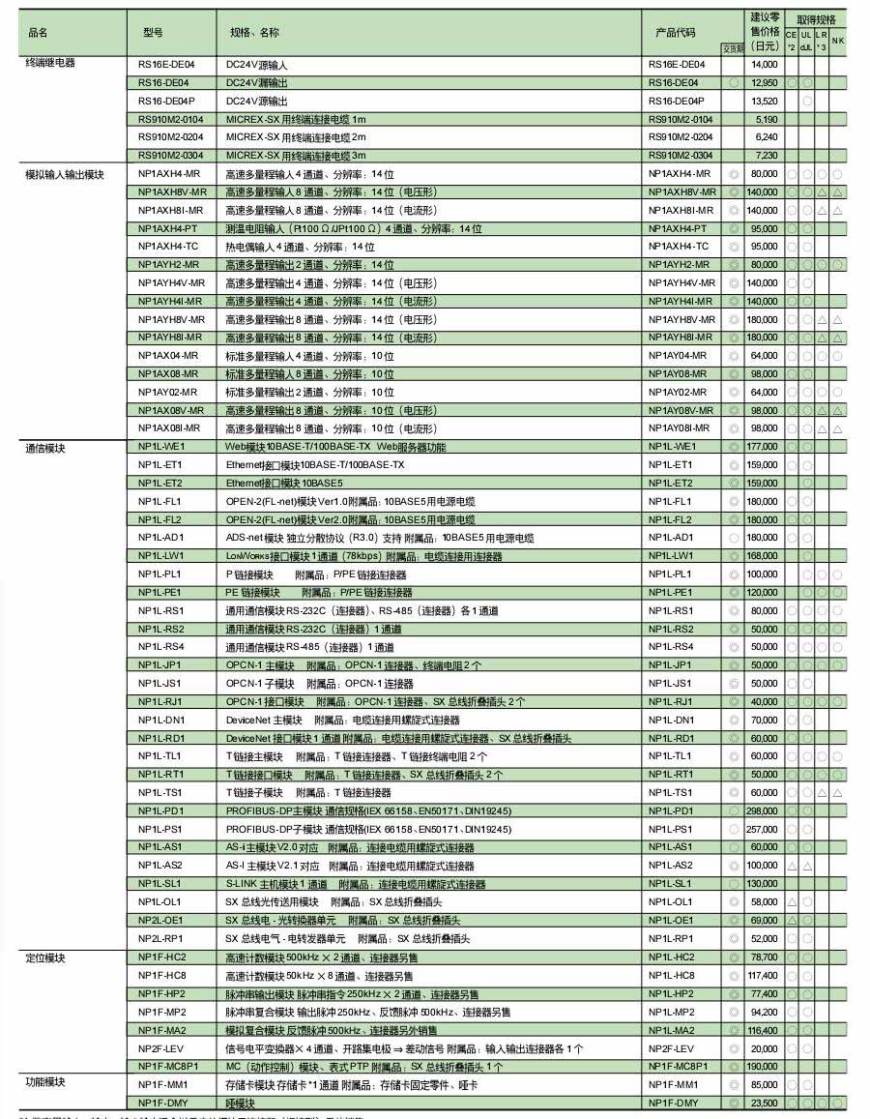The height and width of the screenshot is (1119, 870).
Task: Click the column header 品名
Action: pos(39,32)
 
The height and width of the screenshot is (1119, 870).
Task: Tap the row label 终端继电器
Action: pos(49,64)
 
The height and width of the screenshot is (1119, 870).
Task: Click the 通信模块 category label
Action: pos(44,449)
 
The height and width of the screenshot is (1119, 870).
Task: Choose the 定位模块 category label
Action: pos(44,957)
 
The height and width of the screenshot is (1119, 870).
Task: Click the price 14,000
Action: pos(765,65)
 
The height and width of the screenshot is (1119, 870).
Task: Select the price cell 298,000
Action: pos(762,810)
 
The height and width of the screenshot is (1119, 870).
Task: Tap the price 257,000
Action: pos(762,829)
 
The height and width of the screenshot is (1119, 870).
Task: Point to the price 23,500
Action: pos(765,1103)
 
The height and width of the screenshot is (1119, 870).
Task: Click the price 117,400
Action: pos(762,975)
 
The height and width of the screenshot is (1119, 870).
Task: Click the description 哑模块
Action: pos(239,1103)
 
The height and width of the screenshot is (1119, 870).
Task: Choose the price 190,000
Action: pos(762,1066)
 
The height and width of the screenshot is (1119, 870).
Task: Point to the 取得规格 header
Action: pos(816,19)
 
